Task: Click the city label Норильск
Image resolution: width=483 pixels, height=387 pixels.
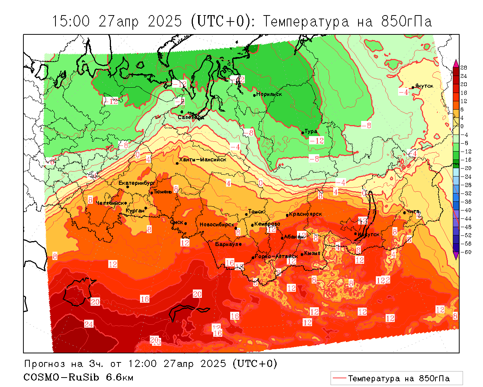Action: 269,94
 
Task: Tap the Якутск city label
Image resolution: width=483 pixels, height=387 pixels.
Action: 424,86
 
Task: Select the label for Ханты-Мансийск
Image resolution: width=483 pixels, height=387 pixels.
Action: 203,159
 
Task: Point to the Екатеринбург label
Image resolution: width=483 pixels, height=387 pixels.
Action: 137,183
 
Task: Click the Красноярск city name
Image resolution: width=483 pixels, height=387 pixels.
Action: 306,214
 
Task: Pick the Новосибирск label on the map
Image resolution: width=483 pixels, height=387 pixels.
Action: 217,224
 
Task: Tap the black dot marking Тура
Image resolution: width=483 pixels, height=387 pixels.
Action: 302,133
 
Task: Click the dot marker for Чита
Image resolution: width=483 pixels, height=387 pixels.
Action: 405,212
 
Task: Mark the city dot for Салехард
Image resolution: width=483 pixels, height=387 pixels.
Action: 182,112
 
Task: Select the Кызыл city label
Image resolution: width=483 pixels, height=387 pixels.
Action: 312,253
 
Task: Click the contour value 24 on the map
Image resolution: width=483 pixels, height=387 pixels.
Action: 89,324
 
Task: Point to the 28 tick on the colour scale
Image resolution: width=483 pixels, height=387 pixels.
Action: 464,68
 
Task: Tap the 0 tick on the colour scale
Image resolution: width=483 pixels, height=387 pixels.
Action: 462,126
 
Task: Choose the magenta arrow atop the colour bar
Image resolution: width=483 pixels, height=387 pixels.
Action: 456,63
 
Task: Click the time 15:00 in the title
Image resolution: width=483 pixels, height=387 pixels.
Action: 71,22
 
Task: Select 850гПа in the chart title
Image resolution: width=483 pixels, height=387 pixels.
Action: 406,22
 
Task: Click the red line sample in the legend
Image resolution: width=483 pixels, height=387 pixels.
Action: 339,378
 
